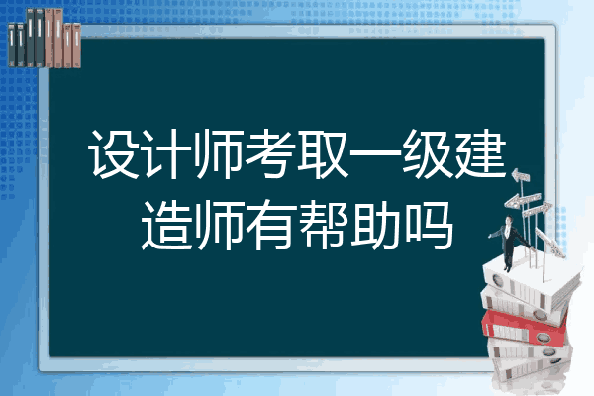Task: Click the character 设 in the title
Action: (x=114, y=153)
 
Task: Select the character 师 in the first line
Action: (x=219, y=153)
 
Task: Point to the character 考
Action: (x=270, y=153)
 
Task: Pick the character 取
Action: (x=323, y=153)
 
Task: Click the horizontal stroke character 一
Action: (x=374, y=153)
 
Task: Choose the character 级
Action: (x=427, y=153)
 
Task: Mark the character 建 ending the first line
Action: (x=480, y=153)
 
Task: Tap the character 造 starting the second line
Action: (x=166, y=225)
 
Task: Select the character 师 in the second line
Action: (x=219, y=225)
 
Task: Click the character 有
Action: (x=270, y=225)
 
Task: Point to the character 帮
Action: (x=323, y=225)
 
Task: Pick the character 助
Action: (x=374, y=225)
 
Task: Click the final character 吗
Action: (x=428, y=225)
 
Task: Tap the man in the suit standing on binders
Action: (x=509, y=243)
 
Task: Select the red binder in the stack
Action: (x=525, y=327)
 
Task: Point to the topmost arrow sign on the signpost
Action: (x=521, y=175)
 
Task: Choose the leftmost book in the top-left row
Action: (x=12, y=45)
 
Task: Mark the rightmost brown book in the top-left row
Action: (x=76, y=46)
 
